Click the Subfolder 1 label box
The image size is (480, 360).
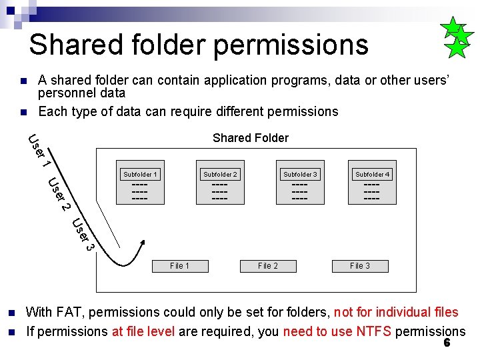(x=140, y=175)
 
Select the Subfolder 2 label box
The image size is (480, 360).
(x=220, y=175)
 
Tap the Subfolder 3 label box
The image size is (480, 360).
(x=300, y=175)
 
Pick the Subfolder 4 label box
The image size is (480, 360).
(x=373, y=175)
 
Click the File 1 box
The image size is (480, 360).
(x=179, y=265)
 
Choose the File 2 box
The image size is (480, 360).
(x=268, y=265)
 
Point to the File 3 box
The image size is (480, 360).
(x=360, y=265)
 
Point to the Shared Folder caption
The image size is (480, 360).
(x=250, y=138)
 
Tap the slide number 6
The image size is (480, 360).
(x=447, y=343)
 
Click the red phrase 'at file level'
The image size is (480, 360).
(x=141, y=331)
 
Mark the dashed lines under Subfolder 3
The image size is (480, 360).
(x=300, y=191)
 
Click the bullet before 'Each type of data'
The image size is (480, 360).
(x=23, y=111)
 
